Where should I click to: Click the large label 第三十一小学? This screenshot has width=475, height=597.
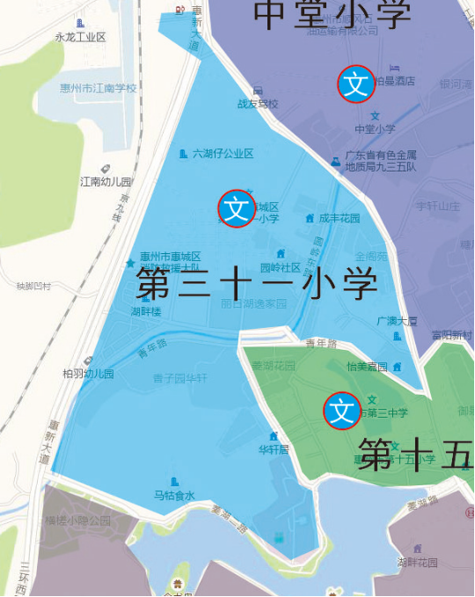257,284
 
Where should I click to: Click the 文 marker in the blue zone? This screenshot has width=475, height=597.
237,209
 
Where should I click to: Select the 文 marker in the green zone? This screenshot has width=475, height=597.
342,411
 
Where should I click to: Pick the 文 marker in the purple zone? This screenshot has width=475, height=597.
356,84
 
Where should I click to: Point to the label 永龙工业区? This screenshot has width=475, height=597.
80,37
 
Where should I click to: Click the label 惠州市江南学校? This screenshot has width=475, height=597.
104,88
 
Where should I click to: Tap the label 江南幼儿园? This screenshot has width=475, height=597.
106,182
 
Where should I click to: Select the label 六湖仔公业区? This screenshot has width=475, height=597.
223,154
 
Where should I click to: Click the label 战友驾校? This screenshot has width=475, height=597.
257,104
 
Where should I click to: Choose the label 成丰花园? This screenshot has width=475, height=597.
339,218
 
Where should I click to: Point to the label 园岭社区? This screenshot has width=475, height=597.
280,267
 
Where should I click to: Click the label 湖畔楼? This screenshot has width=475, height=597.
146,311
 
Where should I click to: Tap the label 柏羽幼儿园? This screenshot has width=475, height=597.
88,373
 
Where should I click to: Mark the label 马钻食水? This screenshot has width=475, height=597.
174,495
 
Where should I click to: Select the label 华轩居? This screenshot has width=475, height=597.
274,448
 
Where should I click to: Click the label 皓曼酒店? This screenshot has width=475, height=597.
394,81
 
